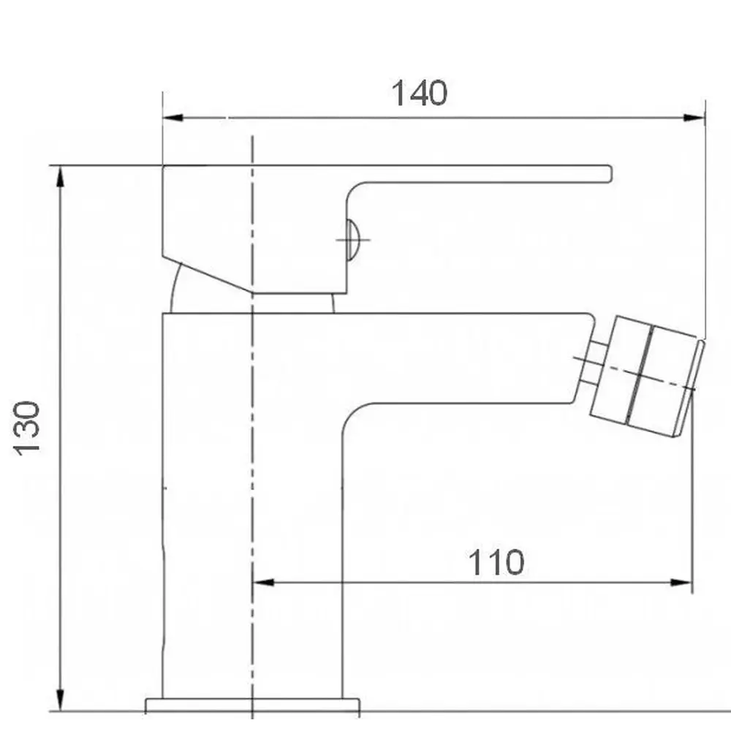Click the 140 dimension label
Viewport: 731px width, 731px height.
tap(419, 94)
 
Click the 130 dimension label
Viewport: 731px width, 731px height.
tap(27, 428)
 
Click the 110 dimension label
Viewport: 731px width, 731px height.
tap(496, 563)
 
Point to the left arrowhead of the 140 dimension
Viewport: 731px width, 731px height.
tap(173, 118)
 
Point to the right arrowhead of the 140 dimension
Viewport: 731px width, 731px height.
tap(694, 118)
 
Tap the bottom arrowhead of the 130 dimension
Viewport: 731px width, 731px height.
tap(60, 701)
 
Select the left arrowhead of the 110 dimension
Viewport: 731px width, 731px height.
tap(263, 583)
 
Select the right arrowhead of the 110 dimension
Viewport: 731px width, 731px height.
tap(681, 583)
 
